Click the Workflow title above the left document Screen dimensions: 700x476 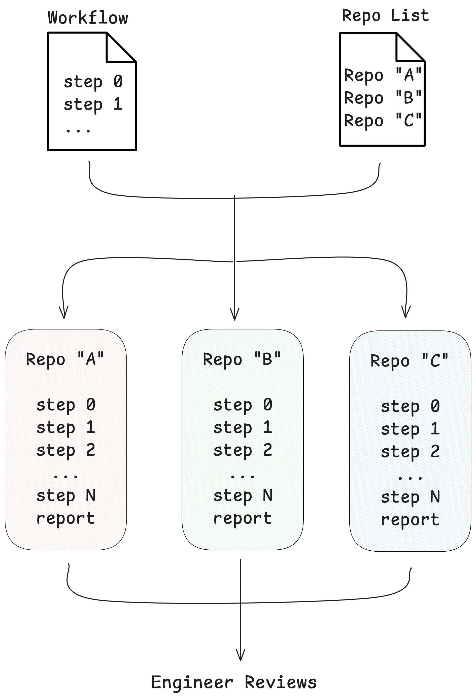[88, 18]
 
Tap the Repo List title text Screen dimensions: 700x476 [385, 16]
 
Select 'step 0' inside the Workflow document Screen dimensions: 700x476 [93, 82]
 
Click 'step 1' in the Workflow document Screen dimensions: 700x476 [93, 104]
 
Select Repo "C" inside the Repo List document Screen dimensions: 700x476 [383, 120]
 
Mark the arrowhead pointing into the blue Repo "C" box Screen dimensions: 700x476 [406, 314]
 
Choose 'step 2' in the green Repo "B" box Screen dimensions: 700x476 [243, 451]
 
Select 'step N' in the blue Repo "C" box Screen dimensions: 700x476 [410, 497]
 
